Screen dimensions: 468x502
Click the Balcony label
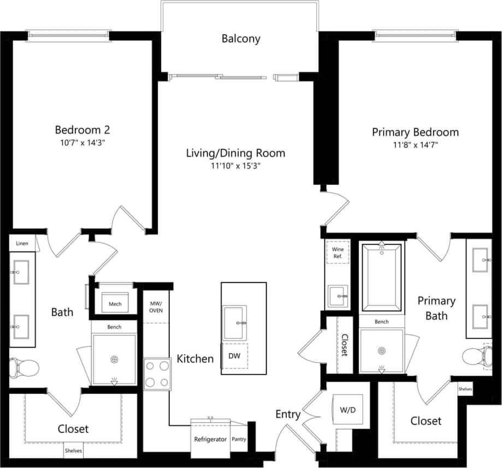click(241, 39)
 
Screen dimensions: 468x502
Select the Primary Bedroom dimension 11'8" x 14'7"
click(415, 145)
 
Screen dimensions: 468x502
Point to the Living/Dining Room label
click(235, 153)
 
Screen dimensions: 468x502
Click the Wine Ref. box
click(338, 253)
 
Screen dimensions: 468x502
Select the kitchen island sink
click(235, 323)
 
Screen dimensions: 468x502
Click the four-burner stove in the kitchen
click(157, 374)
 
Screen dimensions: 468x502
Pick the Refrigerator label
click(210, 439)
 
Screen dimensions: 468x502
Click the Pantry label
click(239, 439)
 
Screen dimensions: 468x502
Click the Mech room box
click(115, 304)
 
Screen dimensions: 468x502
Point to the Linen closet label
click(22, 243)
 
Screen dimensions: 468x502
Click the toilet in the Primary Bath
click(473, 357)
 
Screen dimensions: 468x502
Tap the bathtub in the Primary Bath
click(381, 277)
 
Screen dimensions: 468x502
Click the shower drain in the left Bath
click(114, 359)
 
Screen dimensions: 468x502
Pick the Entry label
click(287, 414)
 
